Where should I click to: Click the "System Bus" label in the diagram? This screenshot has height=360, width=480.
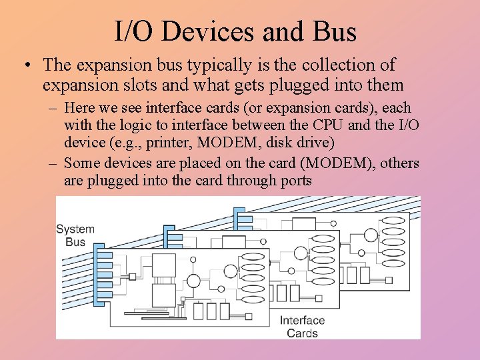[75, 235]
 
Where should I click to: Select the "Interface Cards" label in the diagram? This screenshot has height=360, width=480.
[302, 327]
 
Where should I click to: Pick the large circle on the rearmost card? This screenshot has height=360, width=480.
[371, 235]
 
